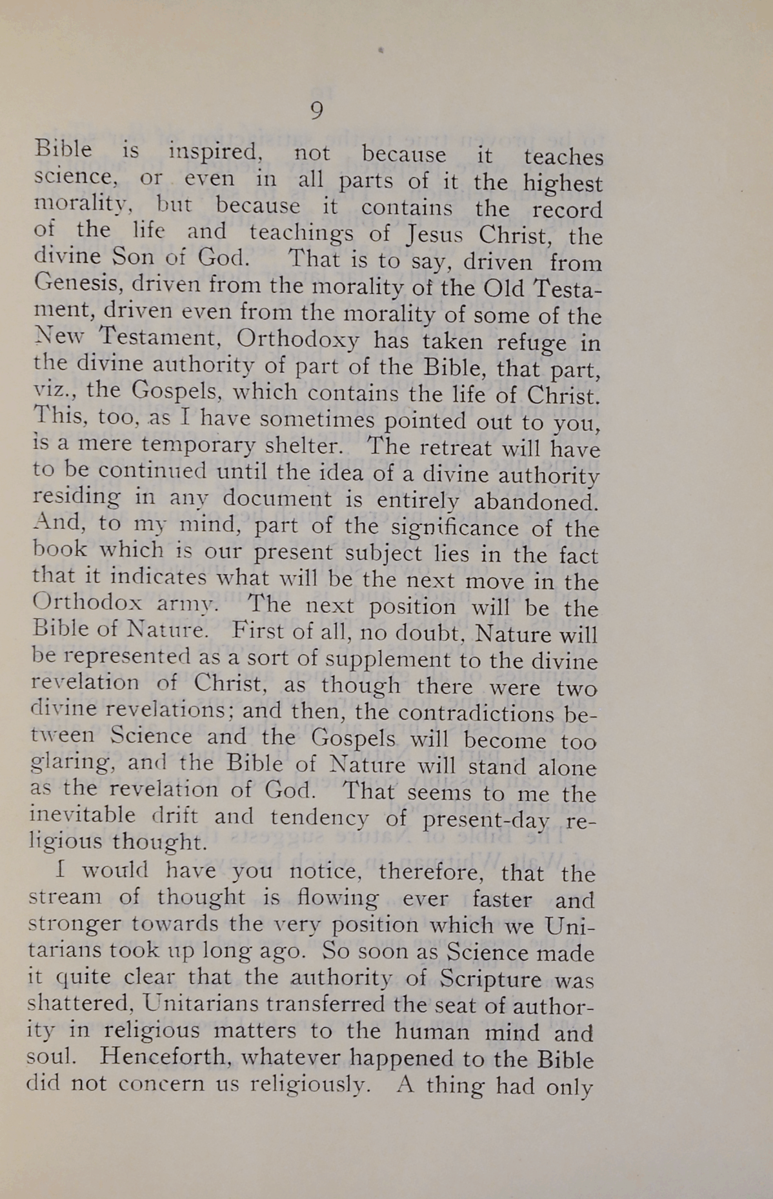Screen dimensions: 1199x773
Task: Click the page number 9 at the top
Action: [x=316, y=112]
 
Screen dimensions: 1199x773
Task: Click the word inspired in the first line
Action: [x=214, y=153]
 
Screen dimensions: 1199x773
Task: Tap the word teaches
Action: [x=563, y=157]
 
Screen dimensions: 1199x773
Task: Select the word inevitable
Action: [x=83, y=815]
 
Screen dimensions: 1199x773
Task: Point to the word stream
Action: [x=65, y=897]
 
